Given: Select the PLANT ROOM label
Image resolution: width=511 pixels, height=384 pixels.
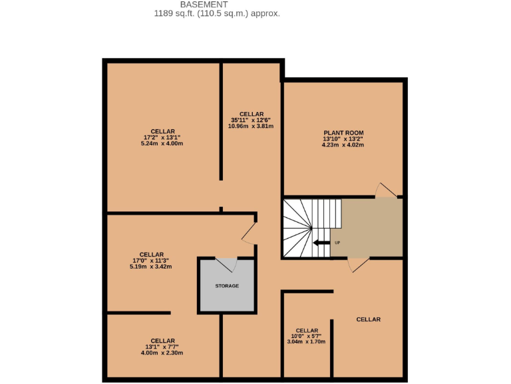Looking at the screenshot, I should [x=343, y=133].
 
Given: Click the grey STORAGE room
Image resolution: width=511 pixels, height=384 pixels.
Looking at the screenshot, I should [x=227, y=286].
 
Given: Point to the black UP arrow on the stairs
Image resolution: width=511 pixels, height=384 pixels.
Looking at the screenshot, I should [x=321, y=243].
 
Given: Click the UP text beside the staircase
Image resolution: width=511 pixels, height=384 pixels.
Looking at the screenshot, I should [x=337, y=243].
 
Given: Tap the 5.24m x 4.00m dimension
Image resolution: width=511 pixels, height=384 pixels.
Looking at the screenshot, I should [x=162, y=143].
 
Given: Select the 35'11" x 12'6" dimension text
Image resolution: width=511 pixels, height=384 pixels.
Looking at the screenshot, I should [x=251, y=120].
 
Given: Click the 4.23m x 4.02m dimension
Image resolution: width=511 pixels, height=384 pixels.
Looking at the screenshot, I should [x=343, y=144].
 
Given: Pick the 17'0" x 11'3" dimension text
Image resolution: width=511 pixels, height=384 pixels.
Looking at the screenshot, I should [x=152, y=260].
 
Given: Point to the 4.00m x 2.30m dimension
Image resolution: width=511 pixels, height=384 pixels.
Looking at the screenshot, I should [x=162, y=353].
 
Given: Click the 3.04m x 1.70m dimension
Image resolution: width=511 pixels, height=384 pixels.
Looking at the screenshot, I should [x=306, y=341].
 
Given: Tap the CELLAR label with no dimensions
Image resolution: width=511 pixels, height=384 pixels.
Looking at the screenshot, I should [x=368, y=319].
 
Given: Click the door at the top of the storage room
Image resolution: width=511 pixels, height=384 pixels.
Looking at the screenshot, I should [x=227, y=264].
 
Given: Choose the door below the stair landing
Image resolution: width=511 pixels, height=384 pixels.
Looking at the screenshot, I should [x=358, y=264].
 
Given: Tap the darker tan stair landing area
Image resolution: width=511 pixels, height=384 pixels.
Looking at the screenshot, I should [x=369, y=227].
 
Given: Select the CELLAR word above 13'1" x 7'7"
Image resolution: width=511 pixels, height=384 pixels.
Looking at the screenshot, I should [x=162, y=341].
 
